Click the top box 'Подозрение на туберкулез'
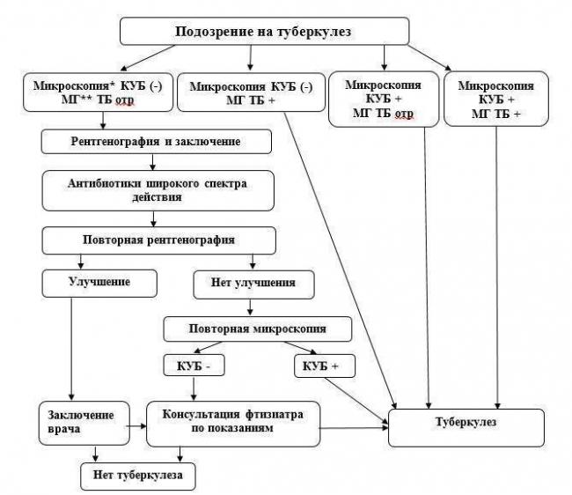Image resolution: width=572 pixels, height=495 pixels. pos(265,32)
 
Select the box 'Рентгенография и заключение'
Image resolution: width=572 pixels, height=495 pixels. pos(156,141)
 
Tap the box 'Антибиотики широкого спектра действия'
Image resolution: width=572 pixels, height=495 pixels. pos(158,190)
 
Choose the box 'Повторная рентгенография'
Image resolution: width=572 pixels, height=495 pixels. pos(158,240)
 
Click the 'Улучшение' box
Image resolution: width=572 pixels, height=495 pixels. pos(99,284)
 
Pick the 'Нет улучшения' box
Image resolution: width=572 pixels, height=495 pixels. pos(253,284)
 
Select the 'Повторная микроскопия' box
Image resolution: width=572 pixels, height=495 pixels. pos(258,329)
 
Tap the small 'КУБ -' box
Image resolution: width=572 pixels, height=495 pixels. pos(194,365)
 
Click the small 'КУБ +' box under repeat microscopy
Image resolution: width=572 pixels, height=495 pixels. pos(325,366)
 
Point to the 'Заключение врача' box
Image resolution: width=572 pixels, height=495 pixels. pos(84,424)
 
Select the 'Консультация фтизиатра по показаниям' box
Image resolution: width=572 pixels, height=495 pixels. pos(233,424)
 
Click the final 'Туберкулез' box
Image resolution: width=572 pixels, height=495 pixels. pos(466,427)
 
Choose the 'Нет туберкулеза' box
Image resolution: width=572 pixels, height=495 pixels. pos(138,477)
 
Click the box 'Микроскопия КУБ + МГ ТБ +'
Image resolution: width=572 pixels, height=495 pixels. pos(496,99)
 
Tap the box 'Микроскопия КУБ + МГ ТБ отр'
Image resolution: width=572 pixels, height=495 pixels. pos(384,99)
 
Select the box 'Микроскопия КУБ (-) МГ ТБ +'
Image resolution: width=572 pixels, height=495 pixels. pos(251,92)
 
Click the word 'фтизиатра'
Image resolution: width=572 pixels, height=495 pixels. pos(274,414)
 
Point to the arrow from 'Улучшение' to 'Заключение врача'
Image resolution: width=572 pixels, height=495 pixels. pos(71,349)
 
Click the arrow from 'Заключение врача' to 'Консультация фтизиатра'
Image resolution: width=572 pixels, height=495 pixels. pos(136,425)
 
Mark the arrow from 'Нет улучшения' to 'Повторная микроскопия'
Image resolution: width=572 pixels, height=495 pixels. pos(250,307)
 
